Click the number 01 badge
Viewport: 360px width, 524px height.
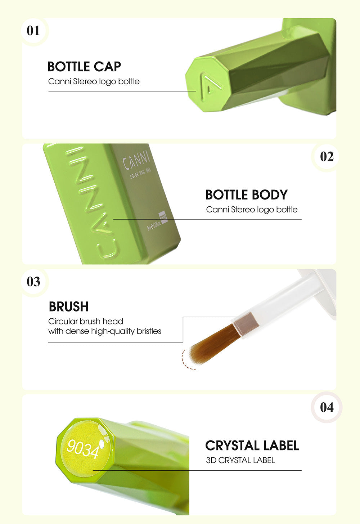pos(33,30)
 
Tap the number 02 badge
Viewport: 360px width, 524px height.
pos(327,157)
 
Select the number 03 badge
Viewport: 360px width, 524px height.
pos(33,282)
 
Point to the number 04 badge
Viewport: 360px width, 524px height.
pos(327,407)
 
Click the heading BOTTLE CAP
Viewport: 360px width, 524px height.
pos(84,67)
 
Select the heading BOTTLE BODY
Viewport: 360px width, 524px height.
pos(246,195)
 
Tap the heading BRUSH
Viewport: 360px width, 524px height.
pos(69,307)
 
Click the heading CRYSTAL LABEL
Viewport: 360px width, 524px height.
pos(252,445)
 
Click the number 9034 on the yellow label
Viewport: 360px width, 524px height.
pos(83,449)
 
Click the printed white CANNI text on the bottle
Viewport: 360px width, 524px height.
pos(136,161)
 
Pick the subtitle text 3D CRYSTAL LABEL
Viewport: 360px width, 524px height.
pos(240,460)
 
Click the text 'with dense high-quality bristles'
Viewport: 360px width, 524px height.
pos(105,331)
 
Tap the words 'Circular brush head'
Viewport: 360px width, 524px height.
pos(86,321)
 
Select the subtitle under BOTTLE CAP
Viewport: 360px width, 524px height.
pos(94,81)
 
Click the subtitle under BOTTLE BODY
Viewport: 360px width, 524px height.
pos(252,210)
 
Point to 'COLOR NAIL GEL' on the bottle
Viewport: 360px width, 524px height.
pos(141,173)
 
